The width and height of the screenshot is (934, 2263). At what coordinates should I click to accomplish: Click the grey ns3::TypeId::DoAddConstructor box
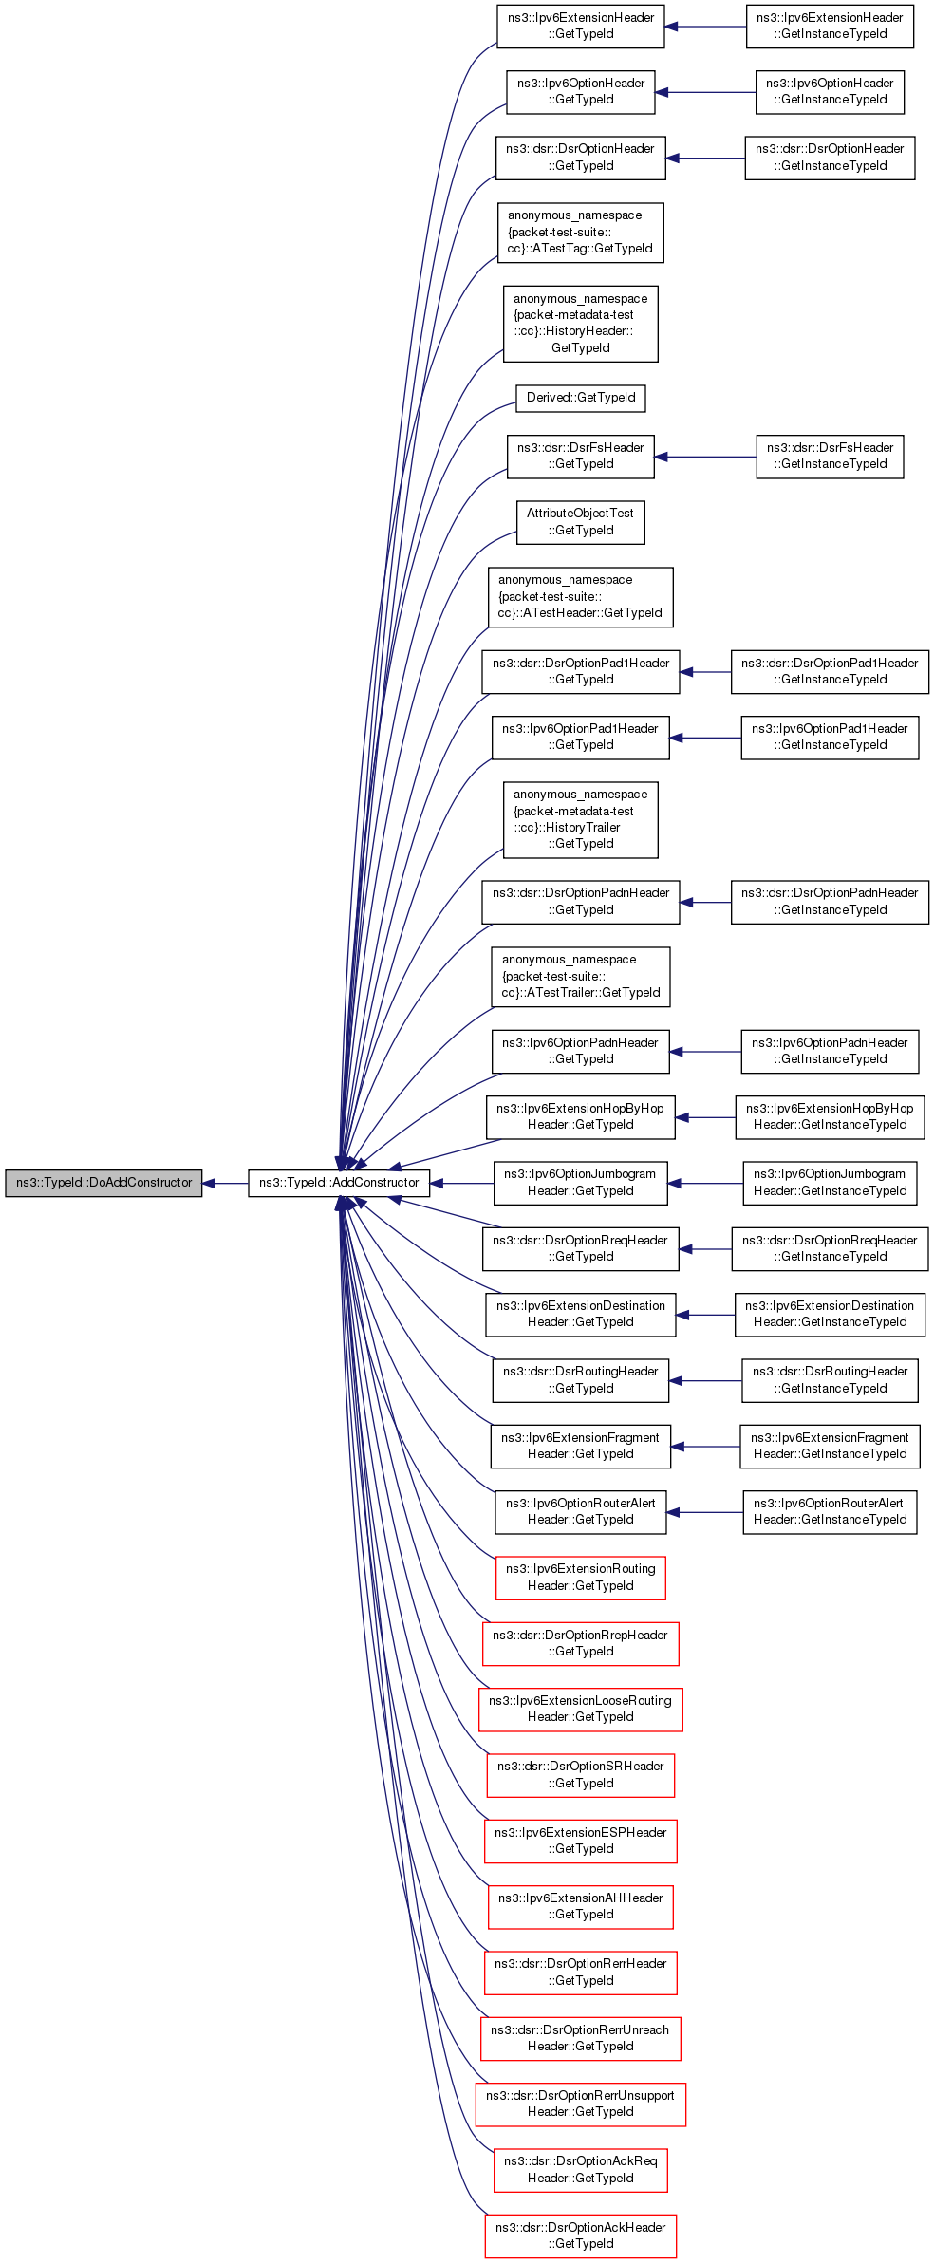103,1183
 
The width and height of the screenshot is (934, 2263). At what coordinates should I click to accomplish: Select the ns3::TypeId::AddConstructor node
339,1183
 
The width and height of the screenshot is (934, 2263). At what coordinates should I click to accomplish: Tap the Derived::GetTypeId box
581,398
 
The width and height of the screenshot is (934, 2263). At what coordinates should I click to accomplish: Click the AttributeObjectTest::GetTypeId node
581,522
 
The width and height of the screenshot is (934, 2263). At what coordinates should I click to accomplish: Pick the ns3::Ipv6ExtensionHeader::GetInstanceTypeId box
830,26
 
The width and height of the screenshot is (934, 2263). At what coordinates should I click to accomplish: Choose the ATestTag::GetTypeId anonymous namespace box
581,233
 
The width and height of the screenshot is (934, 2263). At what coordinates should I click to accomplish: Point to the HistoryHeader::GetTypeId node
581,324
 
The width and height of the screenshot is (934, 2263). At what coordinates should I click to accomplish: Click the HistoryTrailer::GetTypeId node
581,819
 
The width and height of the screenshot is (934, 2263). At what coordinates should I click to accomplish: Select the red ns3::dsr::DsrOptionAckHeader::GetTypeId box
581,2235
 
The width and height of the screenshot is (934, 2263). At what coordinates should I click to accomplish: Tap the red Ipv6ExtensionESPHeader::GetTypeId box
581,1841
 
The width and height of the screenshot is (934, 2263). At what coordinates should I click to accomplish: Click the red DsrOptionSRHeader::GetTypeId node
581,1775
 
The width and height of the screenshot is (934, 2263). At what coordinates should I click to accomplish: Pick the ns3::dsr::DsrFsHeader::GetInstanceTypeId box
830,457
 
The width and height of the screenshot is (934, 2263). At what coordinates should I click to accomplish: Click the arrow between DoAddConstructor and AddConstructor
226,1184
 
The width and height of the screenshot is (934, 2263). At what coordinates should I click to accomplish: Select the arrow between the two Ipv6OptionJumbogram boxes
705,1184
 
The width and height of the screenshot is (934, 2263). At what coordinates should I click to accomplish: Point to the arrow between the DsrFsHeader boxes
705,457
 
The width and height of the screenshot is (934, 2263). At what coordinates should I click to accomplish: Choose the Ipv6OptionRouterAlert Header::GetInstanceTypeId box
830,1512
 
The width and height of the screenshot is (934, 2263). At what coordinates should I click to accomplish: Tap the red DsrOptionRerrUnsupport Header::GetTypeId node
581,2104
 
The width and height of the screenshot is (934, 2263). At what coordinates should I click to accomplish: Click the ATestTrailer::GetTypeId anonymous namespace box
581,977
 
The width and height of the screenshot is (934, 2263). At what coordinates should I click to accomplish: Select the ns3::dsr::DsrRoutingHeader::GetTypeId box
581,1380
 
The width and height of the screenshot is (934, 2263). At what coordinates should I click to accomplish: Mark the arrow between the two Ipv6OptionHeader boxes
705,92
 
